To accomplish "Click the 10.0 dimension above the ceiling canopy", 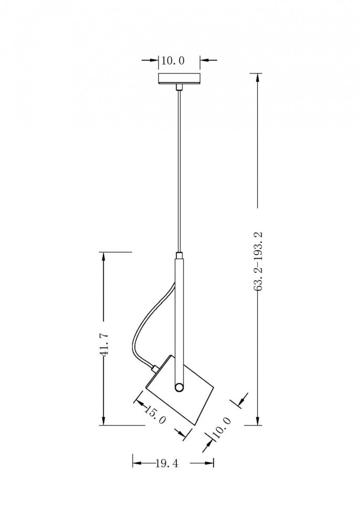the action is pyautogui.click(x=173, y=60).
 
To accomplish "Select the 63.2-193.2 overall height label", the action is pyautogui.click(x=259, y=261).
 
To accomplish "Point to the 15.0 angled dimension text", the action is pyautogui.click(x=155, y=415).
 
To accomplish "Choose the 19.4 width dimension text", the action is pyautogui.click(x=167, y=463).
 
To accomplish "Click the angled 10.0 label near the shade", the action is pyautogui.click(x=221, y=428).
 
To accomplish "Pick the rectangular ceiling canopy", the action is pyautogui.click(x=179, y=79).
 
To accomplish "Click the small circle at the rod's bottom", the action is pyautogui.click(x=179, y=387).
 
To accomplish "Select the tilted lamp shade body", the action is pyautogui.click(x=179, y=390).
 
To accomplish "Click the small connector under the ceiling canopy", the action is pyautogui.click(x=178, y=87).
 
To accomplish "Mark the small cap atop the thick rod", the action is pyautogui.click(x=179, y=255).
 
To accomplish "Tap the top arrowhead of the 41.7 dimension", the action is pyautogui.click(x=103, y=258).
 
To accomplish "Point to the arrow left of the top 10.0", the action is pyautogui.click(x=150, y=60).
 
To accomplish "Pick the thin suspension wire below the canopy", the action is pyautogui.click(x=179, y=171).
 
